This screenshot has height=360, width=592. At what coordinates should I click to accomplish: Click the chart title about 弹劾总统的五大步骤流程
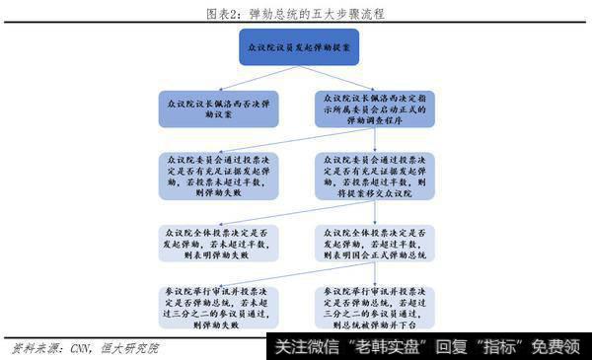[295, 11]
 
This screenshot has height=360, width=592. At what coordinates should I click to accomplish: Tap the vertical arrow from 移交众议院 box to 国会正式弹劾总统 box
[380, 208]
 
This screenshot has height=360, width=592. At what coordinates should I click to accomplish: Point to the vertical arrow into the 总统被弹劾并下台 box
[380, 274]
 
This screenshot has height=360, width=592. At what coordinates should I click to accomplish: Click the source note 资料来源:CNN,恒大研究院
[84, 348]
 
